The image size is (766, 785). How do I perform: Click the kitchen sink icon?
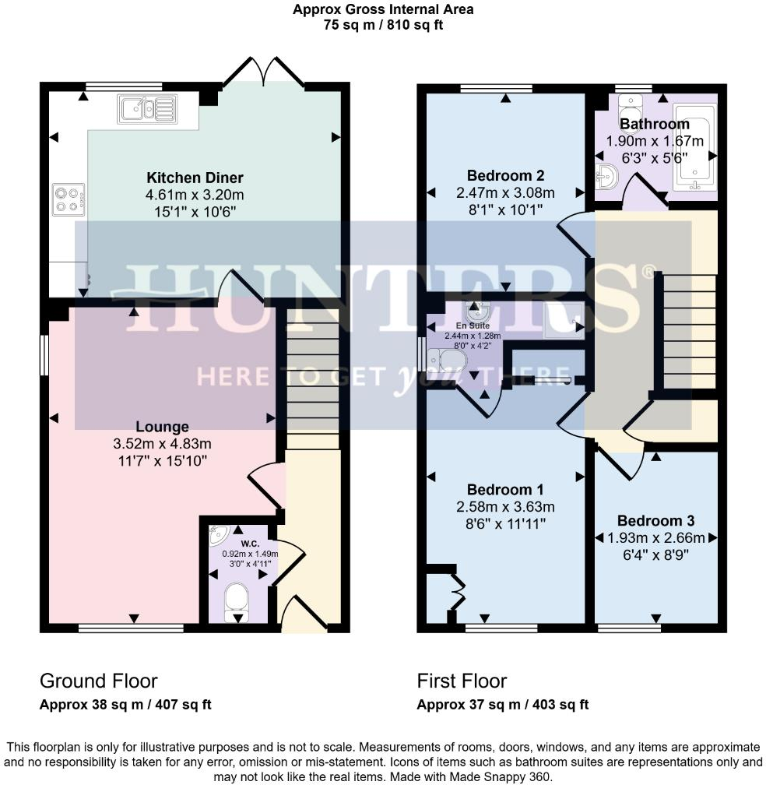(148, 109)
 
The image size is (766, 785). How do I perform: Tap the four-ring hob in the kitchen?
(69, 199)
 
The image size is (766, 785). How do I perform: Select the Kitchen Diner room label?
(195, 178)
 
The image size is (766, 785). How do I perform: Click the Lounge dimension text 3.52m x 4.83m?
(162, 444)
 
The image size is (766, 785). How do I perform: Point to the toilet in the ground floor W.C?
(237, 602)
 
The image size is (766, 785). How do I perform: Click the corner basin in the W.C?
(218, 534)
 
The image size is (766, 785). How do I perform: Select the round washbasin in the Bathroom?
(607, 177)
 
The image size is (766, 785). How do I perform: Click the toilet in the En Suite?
(448, 361)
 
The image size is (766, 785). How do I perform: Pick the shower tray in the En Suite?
(564, 320)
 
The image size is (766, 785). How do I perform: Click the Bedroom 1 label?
(505, 489)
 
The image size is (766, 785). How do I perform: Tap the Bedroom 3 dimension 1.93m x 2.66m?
(656, 537)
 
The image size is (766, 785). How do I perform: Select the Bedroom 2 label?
(505, 176)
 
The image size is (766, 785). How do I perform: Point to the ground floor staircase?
(313, 378)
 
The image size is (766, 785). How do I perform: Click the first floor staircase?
(690, 331)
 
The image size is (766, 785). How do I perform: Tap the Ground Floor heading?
(99, 681)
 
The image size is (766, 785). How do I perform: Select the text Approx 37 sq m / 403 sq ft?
(503, 705)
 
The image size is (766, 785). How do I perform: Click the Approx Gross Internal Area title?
(383, 9)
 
